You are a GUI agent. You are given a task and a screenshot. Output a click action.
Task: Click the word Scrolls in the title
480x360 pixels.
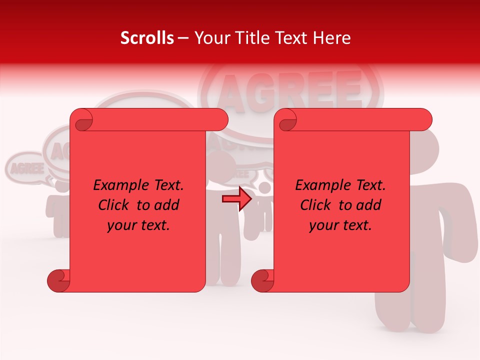(x=147, y=38)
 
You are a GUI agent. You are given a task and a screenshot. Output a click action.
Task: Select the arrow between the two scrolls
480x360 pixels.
(x=236, y=199)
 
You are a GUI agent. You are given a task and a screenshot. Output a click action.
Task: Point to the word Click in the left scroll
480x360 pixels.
(x=114, y=205)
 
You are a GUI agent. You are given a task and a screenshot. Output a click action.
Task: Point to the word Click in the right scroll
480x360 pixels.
(x=316, y=205)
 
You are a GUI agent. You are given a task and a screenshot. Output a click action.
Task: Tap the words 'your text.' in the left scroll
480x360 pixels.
(x=138, y=225)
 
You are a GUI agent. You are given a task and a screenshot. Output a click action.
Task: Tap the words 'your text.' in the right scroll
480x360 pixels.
(x=340, y=225)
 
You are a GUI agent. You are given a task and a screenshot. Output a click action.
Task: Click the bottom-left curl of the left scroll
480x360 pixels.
(x=59, y=281)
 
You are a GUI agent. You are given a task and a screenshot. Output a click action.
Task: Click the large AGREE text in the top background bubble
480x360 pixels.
(x=290, y=90)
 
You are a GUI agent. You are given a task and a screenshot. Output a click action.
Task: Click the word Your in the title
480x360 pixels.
(x=210, y=38)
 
